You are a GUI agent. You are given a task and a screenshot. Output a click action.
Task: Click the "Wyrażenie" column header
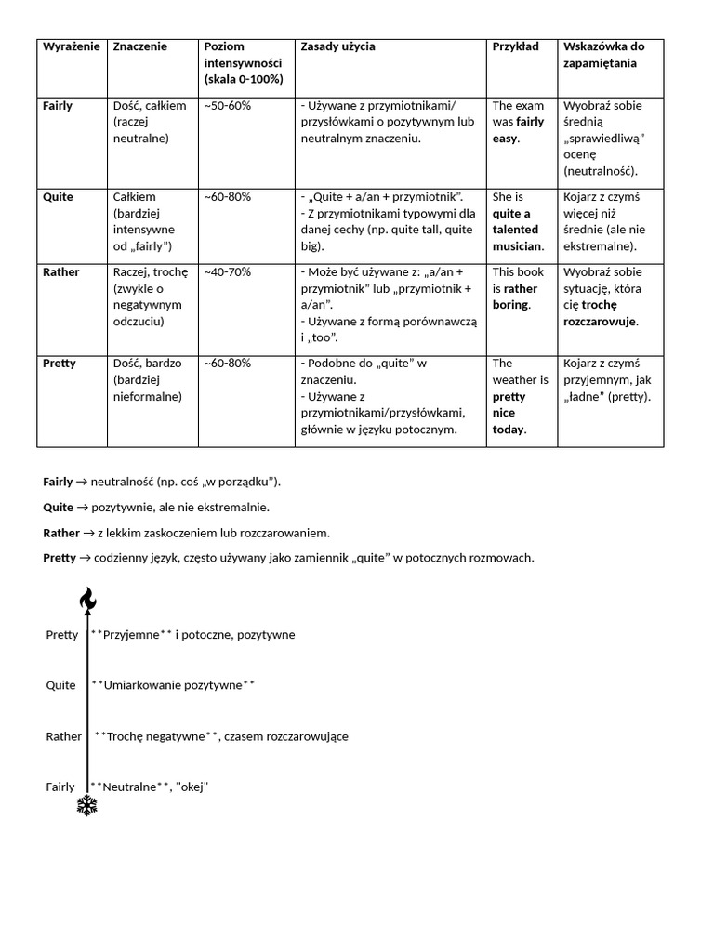[x=71, y=46]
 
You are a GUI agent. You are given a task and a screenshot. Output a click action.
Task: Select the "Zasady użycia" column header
[x=337, y=46]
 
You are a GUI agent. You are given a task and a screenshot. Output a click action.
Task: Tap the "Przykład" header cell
[x=515, y=46]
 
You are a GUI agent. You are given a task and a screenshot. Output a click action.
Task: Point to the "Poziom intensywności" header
[x=243, y=63]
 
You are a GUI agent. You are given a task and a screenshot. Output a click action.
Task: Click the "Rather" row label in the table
[x=61, y=272]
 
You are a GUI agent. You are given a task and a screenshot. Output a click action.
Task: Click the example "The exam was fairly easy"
[x=519, y=122]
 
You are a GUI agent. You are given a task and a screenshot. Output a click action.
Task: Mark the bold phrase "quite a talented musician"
[x=519, y=230]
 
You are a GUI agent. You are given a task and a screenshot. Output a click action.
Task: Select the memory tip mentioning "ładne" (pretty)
[x=610, y=380]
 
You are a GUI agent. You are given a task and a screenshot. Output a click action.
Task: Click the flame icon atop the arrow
[x=87, y=601]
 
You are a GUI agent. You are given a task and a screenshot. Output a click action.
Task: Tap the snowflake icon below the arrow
[x=87, y=805]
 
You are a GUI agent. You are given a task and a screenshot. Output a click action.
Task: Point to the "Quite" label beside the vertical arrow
[x=61, y=685]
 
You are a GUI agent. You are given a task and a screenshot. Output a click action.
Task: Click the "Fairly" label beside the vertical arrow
[x=60, y=787]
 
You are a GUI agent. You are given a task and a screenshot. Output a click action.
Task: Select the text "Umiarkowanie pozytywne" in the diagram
[x=173, y=685]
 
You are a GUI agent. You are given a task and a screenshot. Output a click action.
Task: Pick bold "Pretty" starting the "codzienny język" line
[x=59, y=558]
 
